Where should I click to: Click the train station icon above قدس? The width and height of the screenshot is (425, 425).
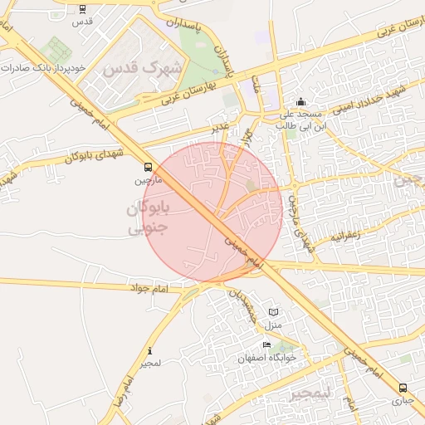pyautogui.click(x=82, y=9)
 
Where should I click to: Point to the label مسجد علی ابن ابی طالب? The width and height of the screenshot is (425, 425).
pyautogui.click(x=298, y=119)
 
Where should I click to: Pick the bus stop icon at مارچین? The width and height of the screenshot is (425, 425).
pyautogui.click(x=148, y=167)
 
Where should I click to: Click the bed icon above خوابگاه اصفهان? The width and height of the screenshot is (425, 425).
pyautogui.click(x=266, y=345)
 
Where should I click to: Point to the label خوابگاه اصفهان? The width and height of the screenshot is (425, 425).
pyautogui.click(x=267, y=358)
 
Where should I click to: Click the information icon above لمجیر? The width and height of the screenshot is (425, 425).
pyautogui.click(x=149, y=351)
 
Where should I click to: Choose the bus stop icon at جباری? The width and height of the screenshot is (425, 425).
pyautogui.click(x=403, y=388)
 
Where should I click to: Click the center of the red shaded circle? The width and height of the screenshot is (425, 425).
pyautogui.click(x=214, y=210)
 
